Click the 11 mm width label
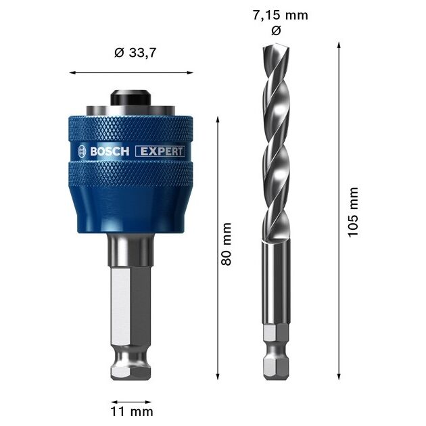pos(132,410)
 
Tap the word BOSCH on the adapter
pos(109,151)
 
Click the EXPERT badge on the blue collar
pos(160,151)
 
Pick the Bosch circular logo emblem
pos(82,151)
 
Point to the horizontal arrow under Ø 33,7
pos(131,72)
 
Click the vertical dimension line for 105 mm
pos(337,211)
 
